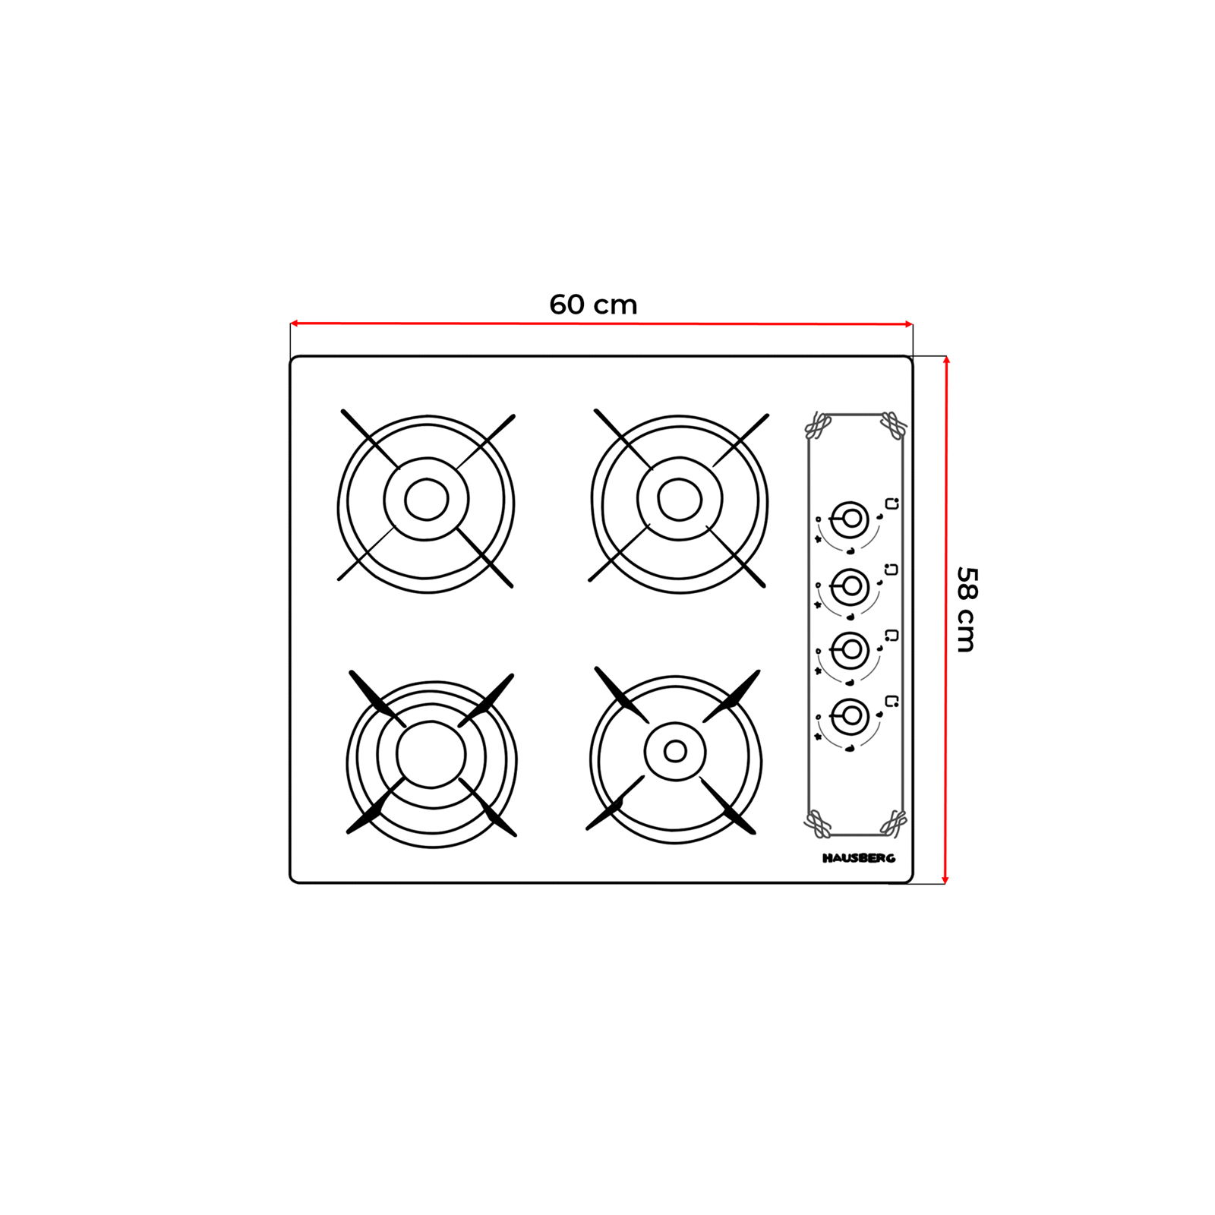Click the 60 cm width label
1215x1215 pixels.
click(x=593, y=305)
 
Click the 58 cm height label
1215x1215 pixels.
click(x=965, y=609)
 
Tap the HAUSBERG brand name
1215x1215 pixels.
click(x=859, y=858)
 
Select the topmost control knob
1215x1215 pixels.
click(x=850, y=519)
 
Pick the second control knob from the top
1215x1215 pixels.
click(x=850, y=585)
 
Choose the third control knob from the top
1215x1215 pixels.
click(x=850, y=650)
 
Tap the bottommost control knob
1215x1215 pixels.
click(x=850, y=715)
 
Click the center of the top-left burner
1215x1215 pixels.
click(x=427, y=500)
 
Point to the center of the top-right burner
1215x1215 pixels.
click(x=680, y=500)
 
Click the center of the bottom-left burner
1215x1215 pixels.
click(x=431, y=755)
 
